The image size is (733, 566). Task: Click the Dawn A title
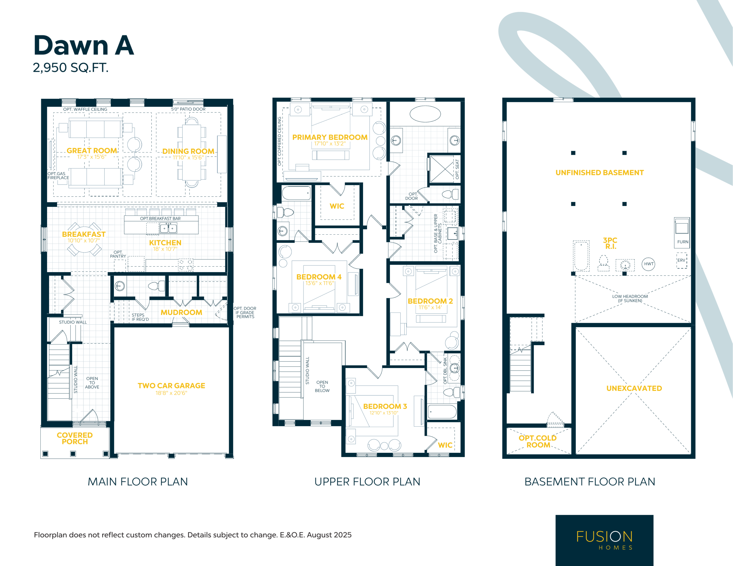(x=84, y=45)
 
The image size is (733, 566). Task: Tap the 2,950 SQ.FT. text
(x=70, y=68)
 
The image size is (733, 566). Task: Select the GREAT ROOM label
(x=92, y=151)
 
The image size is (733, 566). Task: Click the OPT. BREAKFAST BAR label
(x=160, y=218)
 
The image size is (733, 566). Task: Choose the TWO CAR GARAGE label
(x=171, y=386)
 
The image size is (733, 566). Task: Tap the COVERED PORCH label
(x=75, y=438)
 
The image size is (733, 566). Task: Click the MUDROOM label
(x=181, y=312)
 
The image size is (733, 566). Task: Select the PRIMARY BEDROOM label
(x=330, y=137)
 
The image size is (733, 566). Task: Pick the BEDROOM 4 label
(x=319, y=277)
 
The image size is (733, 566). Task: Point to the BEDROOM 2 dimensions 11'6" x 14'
(x=430, y=307)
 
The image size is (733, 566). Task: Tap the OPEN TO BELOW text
(x=322, y=387)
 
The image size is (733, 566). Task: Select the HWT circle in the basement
(x=649, y=264)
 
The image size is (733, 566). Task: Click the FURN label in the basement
(x=683, y=242)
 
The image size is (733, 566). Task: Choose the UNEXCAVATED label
(x=634, y=388)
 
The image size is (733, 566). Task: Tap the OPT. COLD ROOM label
(x=538, y=442)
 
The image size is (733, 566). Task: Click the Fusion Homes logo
(x=604, y=540)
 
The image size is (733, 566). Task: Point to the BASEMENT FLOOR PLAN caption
(x=590, y=482)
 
